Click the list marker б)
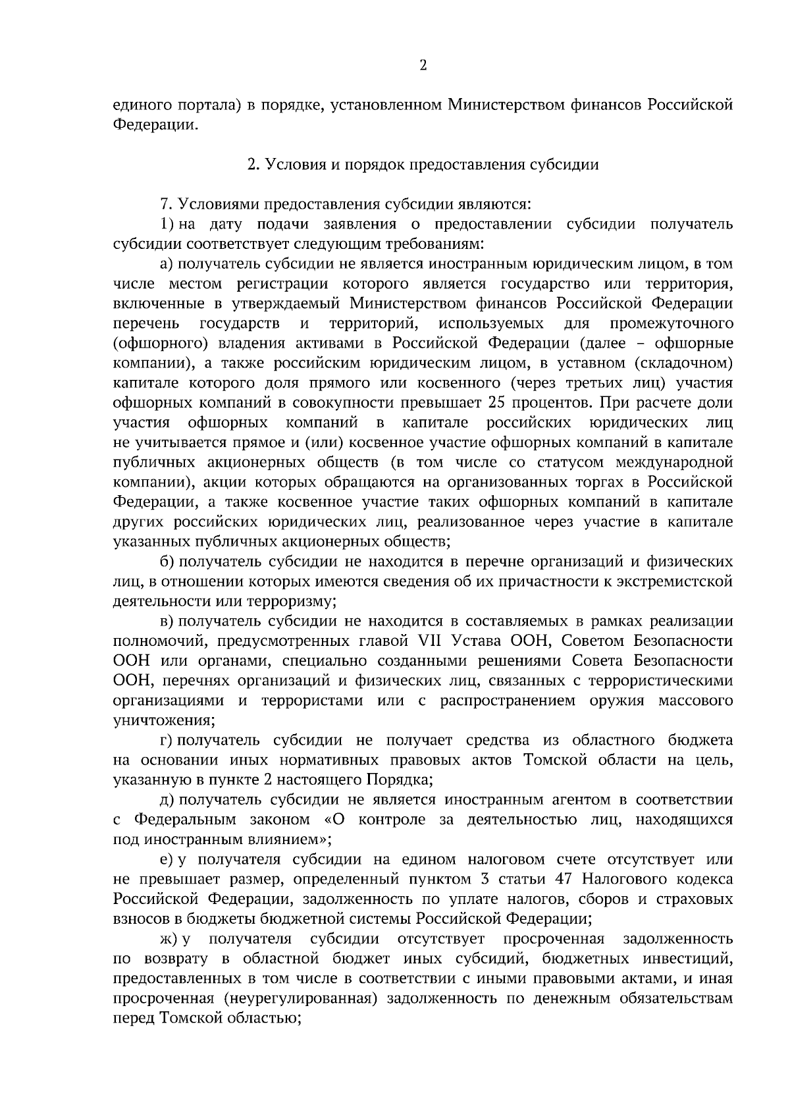pos(166,562)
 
